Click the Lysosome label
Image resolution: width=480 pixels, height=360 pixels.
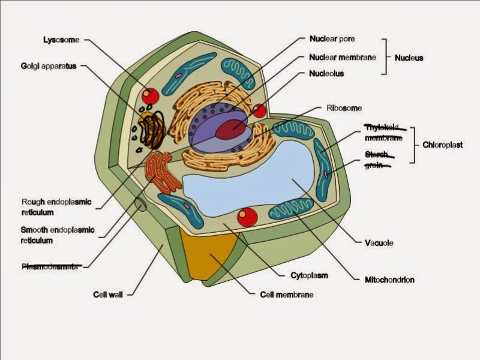click(x=61, y=40)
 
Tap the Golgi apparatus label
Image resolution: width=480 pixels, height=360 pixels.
click(x=49, y=66)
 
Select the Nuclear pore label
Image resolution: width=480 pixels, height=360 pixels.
click(x=332, y=39)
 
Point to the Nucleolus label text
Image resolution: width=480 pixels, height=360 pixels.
click(x=326, y=74)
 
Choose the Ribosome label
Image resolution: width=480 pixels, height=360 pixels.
click(x=344, y=108)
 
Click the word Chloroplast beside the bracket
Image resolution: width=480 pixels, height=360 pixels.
click(x=442, y=145)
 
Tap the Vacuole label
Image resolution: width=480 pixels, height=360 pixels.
click(x=379, y=243)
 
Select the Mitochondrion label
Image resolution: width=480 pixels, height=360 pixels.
click(x=389, y=280)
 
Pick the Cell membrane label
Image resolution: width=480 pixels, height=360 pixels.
click(x=287, y=295)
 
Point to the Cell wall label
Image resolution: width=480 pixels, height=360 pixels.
click(x=109, y=295)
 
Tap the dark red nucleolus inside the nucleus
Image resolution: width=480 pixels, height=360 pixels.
click(x=230, y=129)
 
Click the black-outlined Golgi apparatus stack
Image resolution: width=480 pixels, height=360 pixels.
click(x=150, y=128)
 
